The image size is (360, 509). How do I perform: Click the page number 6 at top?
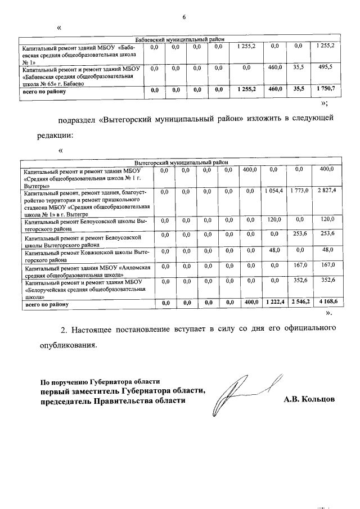coord(183,17)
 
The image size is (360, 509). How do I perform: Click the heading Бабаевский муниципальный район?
coord(180,39)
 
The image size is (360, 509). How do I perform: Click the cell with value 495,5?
coord(325,67)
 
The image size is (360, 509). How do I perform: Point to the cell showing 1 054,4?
coord(274,192)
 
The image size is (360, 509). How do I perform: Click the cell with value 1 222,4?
coord(274,303)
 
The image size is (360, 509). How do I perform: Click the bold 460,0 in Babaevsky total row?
coord(274,89)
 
